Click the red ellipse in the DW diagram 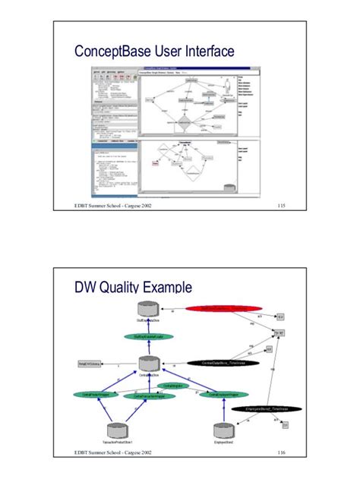[x=219, y=308]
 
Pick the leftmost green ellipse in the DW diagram [x=93, y=395]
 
